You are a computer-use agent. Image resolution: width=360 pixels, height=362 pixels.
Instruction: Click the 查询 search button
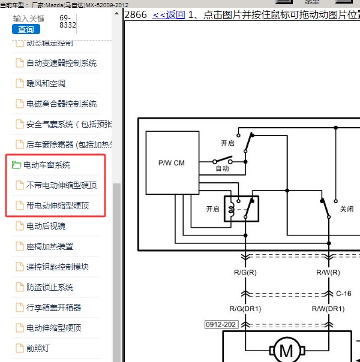coord(26,29)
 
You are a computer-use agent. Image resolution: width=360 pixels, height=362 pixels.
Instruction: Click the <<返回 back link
coord(169,15)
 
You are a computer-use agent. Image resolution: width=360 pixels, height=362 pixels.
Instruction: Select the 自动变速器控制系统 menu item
coord(61,63)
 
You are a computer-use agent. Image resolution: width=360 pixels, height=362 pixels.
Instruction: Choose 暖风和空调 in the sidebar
coord(46,83)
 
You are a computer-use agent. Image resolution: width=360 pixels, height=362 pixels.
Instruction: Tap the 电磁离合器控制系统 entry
coord(61,104)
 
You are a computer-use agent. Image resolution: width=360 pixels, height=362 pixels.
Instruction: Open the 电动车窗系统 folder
coord(47,165)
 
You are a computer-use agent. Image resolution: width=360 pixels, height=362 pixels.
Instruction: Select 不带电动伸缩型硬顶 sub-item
coord(61,185)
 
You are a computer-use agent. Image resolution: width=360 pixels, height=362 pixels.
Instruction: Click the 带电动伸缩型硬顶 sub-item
coord(58,206)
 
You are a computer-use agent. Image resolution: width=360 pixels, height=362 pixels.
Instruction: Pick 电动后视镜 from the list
coord(46,226)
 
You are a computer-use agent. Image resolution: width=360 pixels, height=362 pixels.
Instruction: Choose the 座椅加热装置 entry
coord(50,246)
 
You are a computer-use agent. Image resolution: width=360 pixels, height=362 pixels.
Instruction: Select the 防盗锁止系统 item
coord(50,287)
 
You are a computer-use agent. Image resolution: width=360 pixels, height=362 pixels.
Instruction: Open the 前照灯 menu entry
coord(38,348)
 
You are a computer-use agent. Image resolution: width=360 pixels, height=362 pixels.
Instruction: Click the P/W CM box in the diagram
coord(172,163)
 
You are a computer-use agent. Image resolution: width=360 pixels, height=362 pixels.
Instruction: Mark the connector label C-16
coord(344,294)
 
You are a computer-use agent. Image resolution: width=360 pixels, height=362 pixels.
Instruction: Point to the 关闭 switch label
coord(347,209)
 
